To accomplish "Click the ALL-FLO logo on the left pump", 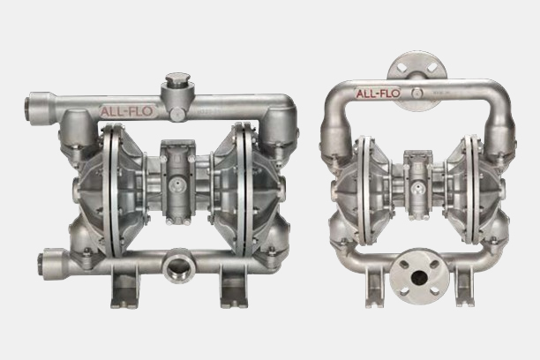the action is pos(126,111).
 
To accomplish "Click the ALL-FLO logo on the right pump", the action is pos(378,93).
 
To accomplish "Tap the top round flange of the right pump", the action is pos(417,67).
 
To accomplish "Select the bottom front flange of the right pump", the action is pos(419,276).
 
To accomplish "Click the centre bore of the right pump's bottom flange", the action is pos(419,276).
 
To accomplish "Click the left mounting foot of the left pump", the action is pos(124,287).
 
